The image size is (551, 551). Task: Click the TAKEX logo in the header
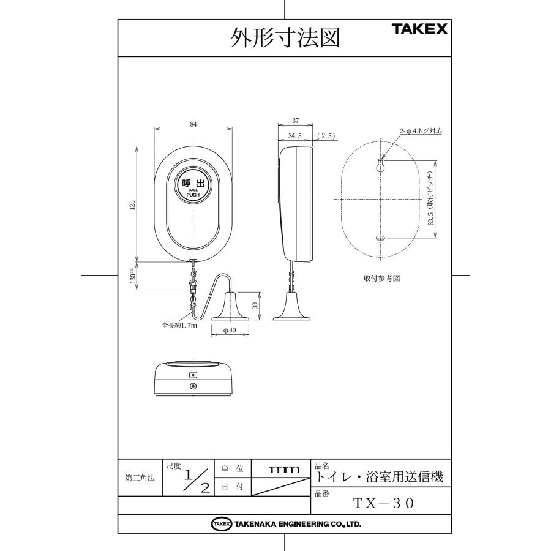pyautogui.click(x=419, y=29)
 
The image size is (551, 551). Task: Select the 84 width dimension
pyautogui.click(x=193, y=124)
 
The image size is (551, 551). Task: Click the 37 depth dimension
pyautogui.click(x=295, y=121)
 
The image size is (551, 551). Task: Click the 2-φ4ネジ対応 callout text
pyautogui.click(x=421, y=131)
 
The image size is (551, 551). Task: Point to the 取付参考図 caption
pyautogui.click(x=381, y=277)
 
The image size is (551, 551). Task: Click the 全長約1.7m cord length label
pyautogui.click(x=179, y=326)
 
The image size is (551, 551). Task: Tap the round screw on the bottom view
pyautogui.click(x=193, y=386)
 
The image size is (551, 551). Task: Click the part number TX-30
pyautogui.click(x=384, y=503)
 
